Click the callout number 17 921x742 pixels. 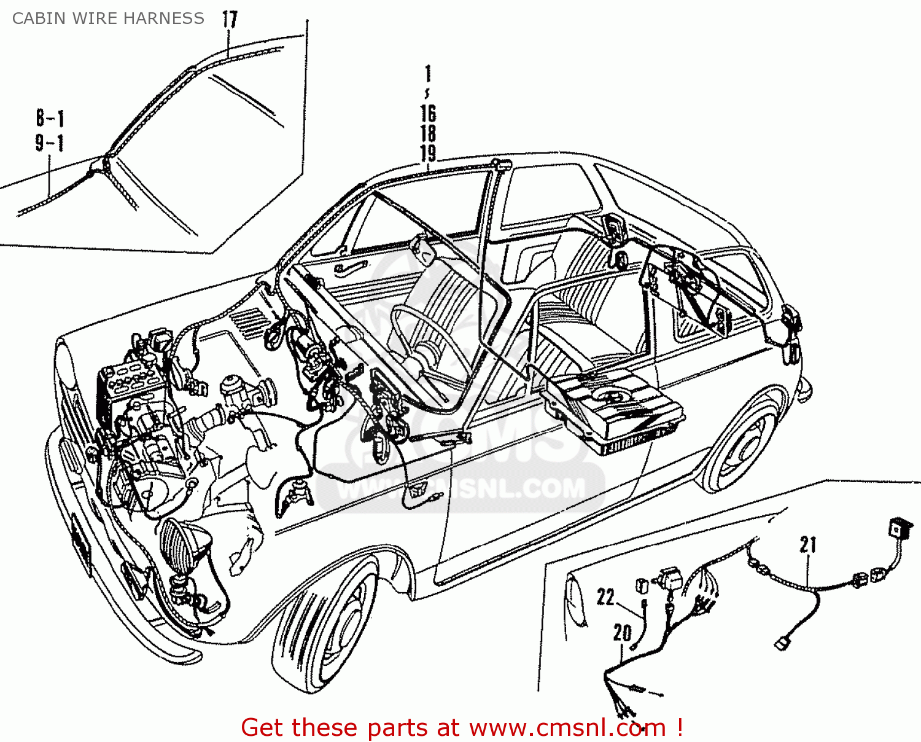[x=230, y=20]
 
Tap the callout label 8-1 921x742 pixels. [x=50, y=118]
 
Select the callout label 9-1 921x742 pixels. [x=50, y=143]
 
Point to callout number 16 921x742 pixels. [x=428, y=114]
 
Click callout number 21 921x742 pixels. [x=808, y=545]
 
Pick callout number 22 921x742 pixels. [x=605, y=597]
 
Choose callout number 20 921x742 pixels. [x=622, y=633]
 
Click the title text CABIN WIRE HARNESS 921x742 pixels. [x=108, y=18]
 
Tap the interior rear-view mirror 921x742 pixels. [x=424, y=249]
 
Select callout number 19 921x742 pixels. [x=428, y=154]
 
